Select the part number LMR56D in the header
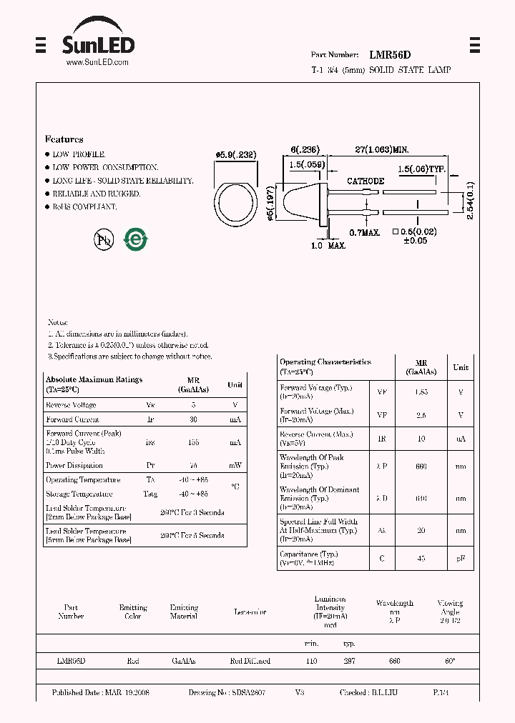(x=390, y=54)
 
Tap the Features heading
(x=64, y=139)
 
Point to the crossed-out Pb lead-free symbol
(x=104, y=240)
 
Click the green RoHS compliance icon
(x=135, y=240)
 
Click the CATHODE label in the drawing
(x=366, y=181)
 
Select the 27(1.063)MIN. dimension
(x=382, y=149)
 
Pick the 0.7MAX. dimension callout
(x=364, y=232)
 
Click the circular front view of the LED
(x=237, y=203)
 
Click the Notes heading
(x=57, y=323)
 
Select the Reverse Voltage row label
(x=72, y=405)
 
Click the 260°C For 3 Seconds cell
(x=192, y=513)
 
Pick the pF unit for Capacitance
(x=461, y=559)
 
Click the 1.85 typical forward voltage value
(x=421, y=392)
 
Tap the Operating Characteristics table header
(x=325, y=367)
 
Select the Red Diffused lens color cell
(x=250, y=662)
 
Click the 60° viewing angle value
(x=450, y=662)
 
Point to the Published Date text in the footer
(x=100, y=693)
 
